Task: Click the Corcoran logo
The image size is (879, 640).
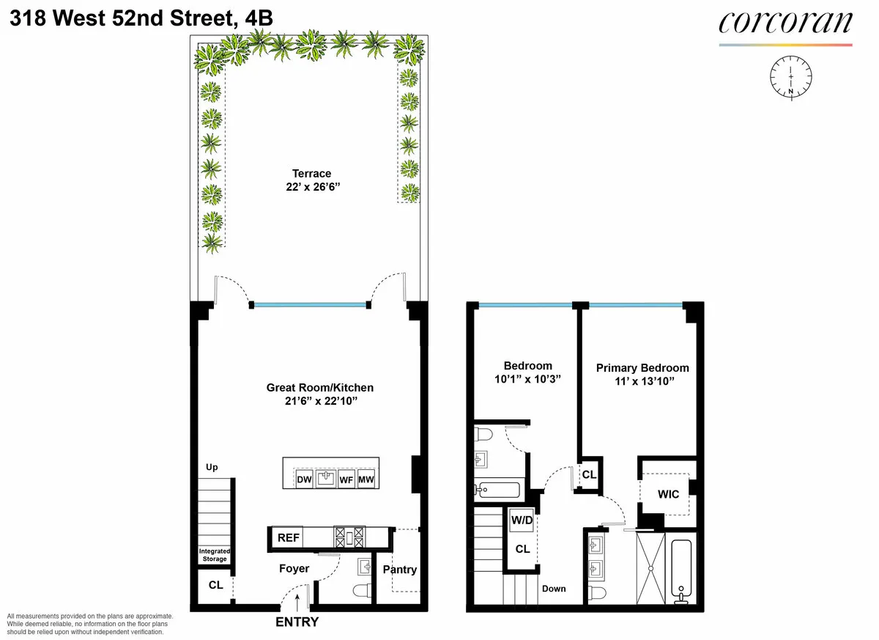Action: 785,24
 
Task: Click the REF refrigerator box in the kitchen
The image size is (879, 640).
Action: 288,537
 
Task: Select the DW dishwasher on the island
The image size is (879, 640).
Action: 304,479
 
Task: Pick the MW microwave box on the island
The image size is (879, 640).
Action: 366,479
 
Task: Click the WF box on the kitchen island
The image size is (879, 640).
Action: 346,479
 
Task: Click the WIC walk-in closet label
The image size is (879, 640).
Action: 668,494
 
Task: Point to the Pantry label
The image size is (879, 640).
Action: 400,570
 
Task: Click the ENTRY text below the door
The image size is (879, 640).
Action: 297,622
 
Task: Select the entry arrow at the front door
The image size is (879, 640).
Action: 297,601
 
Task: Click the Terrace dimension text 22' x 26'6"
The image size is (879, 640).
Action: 312,188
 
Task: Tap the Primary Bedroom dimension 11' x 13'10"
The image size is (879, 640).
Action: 642,381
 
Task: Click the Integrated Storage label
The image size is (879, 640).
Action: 215,555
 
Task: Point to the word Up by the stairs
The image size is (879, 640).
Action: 212,467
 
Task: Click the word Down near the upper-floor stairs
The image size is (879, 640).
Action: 554,589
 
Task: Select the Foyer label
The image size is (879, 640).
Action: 294,568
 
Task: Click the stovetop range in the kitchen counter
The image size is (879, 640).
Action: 349,537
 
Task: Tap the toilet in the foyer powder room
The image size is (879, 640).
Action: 360,590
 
